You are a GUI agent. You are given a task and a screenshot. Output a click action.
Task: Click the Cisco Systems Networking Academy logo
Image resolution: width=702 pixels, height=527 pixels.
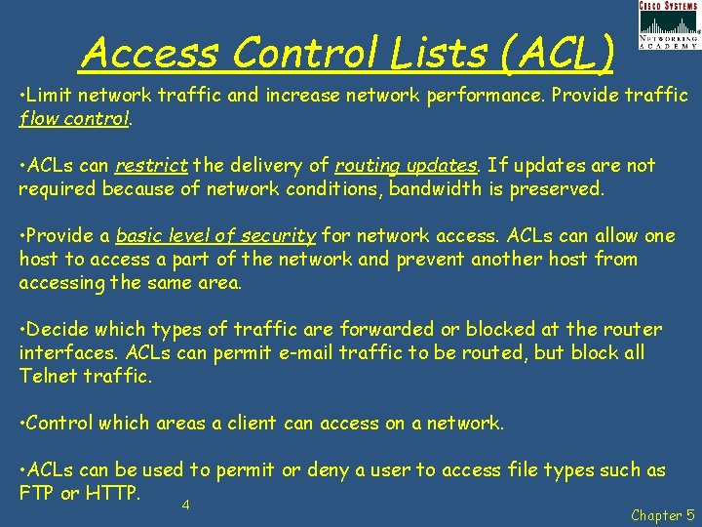point(668,25)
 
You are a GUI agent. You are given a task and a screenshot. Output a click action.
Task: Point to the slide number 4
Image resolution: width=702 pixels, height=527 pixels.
point(185,506)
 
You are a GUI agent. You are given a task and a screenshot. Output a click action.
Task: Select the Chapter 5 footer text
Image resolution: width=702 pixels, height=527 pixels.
point(663,514)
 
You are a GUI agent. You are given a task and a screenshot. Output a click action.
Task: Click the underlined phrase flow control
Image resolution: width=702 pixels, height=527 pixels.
point(73,119)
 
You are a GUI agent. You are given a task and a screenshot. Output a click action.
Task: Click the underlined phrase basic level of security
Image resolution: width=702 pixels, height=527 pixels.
point(215,236)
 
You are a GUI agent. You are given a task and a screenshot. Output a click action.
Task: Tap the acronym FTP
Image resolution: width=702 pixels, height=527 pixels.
point(36,493)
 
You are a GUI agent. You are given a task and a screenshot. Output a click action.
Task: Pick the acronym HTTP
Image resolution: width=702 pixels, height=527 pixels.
point(110,493)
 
